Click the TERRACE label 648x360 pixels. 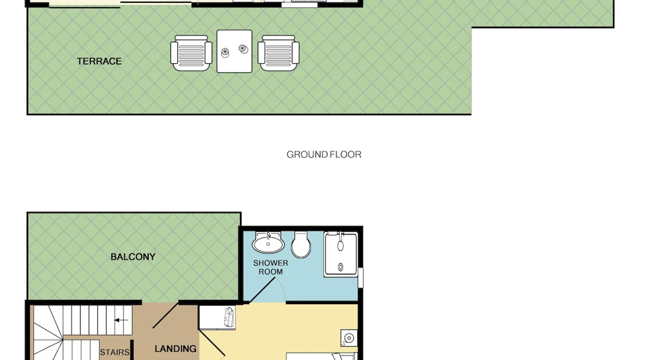click(x=99, y=61)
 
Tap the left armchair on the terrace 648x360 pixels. click(x=191, y=53)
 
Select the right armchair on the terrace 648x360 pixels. click(x=278, y=53)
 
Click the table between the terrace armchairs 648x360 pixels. click(x=234, y=51)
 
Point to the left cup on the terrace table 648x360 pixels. click(x=225, y=53)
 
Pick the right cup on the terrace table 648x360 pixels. click(x=243, y=49)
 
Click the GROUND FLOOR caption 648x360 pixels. click(x=324, y=154)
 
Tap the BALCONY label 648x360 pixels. click(x=133, y=257)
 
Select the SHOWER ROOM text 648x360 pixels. click(x=271, y=267)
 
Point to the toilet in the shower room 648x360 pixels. click(x=301, y=244)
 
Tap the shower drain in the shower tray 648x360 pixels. click(x=341, y=267)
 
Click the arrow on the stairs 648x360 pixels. click(x=121, y=320)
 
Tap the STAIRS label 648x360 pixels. click(x=114, y=352)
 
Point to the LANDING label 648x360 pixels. click(x=176, y=348)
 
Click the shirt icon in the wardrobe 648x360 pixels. click(x=229, y=317)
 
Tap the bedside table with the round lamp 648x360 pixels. click(x=349, y=338)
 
